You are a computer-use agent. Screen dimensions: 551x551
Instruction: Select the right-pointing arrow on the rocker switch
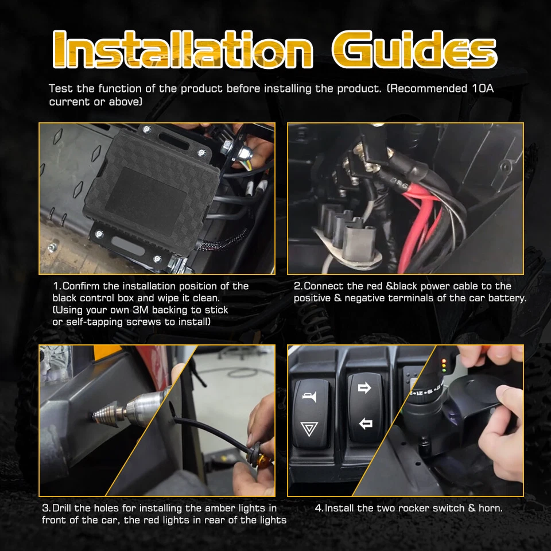(x=364, y=389)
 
